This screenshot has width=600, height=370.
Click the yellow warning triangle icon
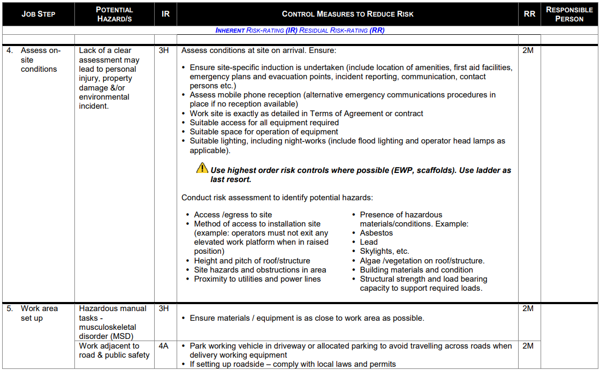click(202, 168)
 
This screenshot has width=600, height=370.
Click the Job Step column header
click(38, 14)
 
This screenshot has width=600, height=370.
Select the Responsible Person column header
click(569, 14)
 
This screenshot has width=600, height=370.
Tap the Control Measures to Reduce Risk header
click(347, 14)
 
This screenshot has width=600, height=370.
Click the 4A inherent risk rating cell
click(164, 346)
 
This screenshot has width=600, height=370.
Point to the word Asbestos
click(376, 233)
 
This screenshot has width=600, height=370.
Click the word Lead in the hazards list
click(369, 242)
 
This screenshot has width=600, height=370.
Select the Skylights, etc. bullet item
click(384, 251)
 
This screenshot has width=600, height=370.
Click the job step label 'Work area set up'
click(39, 313)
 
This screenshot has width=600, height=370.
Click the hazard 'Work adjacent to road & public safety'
click(114, 350)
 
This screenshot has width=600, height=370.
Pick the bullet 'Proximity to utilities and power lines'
click(257, 279)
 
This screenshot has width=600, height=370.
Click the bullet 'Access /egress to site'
click(233, 215)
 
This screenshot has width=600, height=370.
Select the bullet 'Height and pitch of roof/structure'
click(252, 261)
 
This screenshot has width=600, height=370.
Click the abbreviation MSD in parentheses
click(123, 336)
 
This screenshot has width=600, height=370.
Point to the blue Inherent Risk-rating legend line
click(300, 31)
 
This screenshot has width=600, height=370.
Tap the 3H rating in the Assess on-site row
click(164, 51)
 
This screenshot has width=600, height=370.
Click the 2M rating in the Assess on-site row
click(528, 51)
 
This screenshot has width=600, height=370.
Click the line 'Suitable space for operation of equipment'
click(264, 132)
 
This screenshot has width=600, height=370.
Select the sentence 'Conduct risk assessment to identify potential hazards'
click(277, 198)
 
